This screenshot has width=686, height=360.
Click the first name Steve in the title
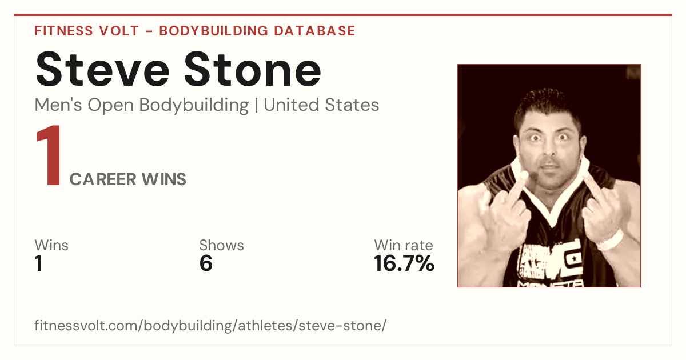[x=102, y=69]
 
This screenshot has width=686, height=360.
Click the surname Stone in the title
[x=253, y=69]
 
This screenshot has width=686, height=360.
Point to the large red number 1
[x=49, y=155]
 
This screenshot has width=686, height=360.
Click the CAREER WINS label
[x=128, y=179]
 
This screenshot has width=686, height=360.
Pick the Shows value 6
[x=206, y=263]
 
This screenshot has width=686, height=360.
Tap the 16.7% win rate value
[x=404, y=263]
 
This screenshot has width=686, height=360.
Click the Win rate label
[x=404, y=245]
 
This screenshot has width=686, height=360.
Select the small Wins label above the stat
[x=51, y=245]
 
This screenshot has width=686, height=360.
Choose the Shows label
[x=221, y=245]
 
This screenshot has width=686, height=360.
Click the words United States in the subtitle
[x=321, y=105]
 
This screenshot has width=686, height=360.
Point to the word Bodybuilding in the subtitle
[x=194, y=106]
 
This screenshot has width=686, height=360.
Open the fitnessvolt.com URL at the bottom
[x=210, y=325]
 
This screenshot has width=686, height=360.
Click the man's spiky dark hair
[x=547, y=106]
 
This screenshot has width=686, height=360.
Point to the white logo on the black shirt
[x=550, y=260]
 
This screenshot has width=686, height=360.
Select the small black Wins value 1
[x=39, y=263]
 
